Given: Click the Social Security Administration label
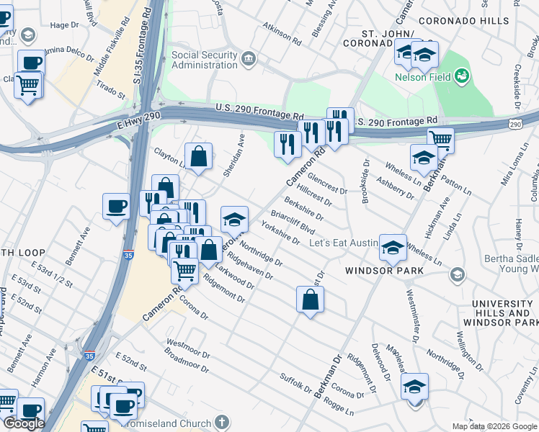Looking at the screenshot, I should pos(204,61).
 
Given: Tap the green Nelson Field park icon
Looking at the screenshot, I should pos(461,76).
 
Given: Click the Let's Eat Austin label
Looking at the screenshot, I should pos(343,243).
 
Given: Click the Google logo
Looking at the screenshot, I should pos(24,423).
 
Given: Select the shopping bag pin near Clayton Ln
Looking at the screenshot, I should pos(198,156).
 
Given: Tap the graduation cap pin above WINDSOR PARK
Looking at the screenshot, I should pos(393,248).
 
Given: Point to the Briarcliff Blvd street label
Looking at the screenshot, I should pos(293,222).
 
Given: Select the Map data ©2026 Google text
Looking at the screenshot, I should pos(494,426).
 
